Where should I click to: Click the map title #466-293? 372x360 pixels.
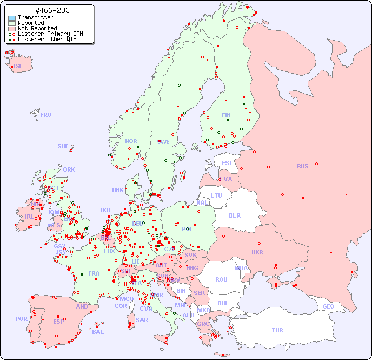[51, 10]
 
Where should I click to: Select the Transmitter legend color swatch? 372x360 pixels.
[12, 18]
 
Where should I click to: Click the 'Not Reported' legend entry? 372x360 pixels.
[37, 28]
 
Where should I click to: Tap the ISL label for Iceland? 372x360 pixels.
[18, 67]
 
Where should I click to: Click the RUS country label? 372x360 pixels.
[302, 166]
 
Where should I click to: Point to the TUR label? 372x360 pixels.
[277, 330]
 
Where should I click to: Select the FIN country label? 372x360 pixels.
[226, 115]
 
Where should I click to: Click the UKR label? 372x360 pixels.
[257, 252]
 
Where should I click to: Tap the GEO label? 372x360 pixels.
[328, 306]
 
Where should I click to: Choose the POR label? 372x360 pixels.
[21, 319]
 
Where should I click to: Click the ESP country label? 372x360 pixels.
[58, 322]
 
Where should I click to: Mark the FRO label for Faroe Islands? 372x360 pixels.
[46, 115]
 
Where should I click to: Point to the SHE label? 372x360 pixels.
[63, 146]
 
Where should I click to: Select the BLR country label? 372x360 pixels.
[234, 215]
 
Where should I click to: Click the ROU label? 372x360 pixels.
[221, 279]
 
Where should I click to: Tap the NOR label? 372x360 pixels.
[131, 141]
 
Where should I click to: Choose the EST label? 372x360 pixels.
[227, 163]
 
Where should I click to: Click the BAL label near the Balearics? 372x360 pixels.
[97, 332]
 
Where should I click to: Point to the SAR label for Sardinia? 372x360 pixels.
[142, 320]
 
